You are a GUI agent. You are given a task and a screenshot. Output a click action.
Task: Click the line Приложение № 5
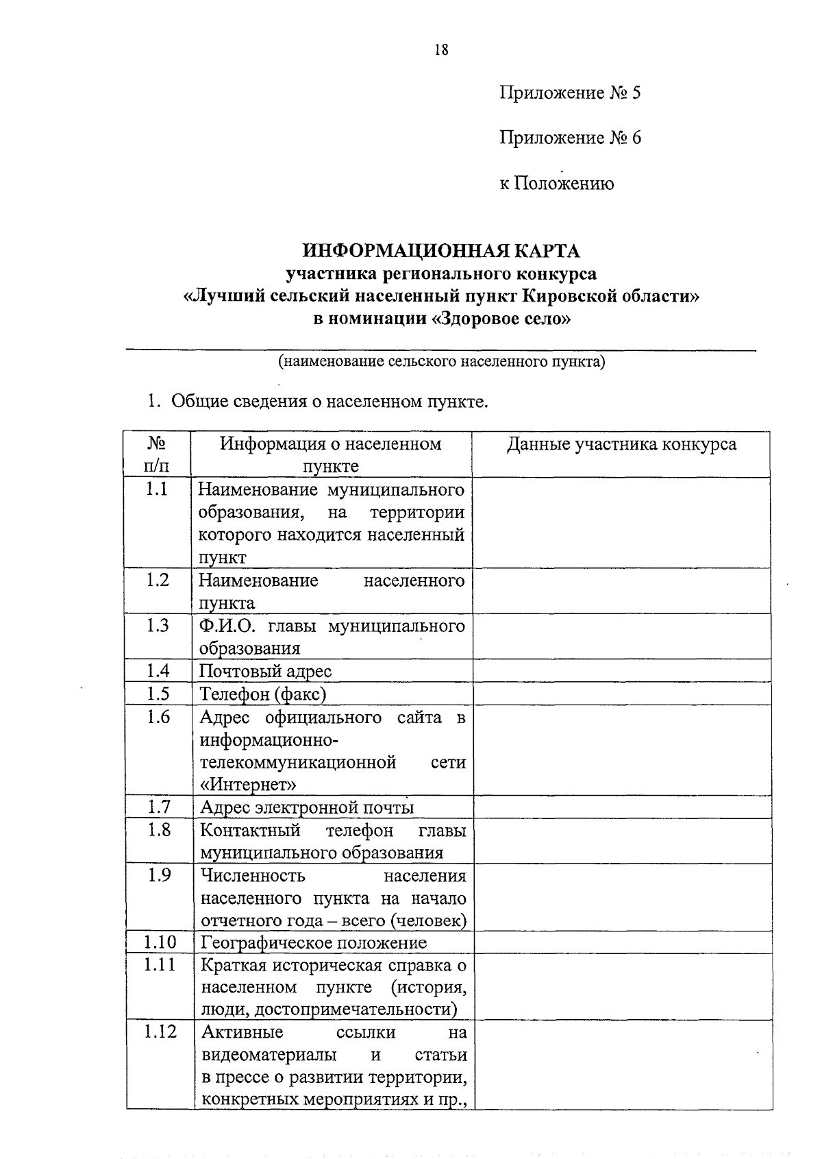click(570, 93)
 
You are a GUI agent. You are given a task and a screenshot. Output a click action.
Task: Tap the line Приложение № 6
click(570, 138)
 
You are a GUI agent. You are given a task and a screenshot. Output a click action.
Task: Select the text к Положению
click(556, 184)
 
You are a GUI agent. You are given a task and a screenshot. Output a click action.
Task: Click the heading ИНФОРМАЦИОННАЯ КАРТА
click(441, 250)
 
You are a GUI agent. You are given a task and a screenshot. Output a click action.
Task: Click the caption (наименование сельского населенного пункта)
click(441, 361)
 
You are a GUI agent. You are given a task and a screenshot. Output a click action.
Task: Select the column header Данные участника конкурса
click(621, 444)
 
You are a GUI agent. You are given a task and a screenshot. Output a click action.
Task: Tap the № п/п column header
click(157, 454)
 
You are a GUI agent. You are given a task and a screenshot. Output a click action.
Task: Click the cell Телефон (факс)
click(263, 694)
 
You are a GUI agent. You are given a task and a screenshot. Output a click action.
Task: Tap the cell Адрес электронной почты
click(307, 807)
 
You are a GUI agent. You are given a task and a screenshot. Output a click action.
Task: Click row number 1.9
click(158, 875)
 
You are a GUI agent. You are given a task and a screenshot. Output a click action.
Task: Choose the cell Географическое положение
click(313, 942)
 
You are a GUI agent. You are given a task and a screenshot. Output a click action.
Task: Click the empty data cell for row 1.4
click(621, 670)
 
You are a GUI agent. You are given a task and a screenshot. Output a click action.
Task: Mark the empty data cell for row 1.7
click(621, 807)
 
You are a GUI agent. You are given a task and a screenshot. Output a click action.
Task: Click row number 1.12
click(160, 1032)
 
